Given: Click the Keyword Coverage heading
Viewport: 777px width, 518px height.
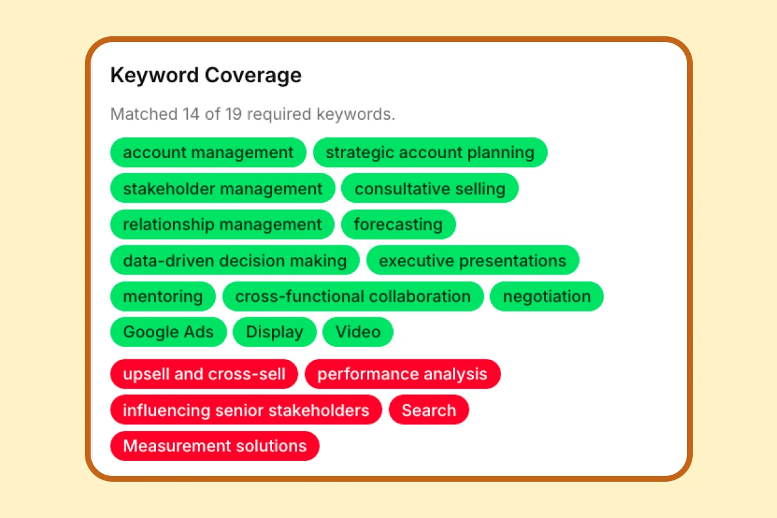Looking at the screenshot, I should click(x=206, y=76).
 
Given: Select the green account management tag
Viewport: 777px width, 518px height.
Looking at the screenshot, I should click(x=208, y=153).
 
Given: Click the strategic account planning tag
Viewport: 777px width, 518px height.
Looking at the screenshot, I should click(x=430, y=153).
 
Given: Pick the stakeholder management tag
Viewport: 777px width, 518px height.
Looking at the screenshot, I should click(x=223, y=189).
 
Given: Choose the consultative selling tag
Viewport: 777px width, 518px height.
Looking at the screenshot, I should click(x=430, y=189).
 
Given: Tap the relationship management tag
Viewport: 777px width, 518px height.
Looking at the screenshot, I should click(x=222, y=225).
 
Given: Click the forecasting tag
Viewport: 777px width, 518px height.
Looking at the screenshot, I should click(x=398, y=225).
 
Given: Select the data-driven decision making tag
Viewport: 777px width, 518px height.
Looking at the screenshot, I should click(x=234, y=261).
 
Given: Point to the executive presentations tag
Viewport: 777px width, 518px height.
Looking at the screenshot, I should click(x=473, y=261).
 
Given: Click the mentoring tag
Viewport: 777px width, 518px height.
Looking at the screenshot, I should click(x=163, y=297).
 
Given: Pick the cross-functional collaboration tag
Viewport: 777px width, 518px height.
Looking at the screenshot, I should click(x=353, y=297).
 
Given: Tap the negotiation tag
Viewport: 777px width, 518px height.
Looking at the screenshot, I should click(x=546, y=297).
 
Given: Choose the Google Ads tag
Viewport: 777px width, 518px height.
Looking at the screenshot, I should click(x=168, y=332).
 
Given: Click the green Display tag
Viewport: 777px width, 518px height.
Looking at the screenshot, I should click(x=275, y=332).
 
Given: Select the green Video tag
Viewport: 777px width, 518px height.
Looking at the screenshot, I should click(x=357, y=332).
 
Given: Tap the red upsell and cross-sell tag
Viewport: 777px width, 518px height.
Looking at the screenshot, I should click(x=204, y=374).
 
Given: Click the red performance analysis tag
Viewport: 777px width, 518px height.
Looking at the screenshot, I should click(x=402, y=374).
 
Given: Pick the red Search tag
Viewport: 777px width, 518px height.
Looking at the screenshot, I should click(x=429, y=411).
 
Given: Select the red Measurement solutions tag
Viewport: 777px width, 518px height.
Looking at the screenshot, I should click(x=214, y=446).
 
